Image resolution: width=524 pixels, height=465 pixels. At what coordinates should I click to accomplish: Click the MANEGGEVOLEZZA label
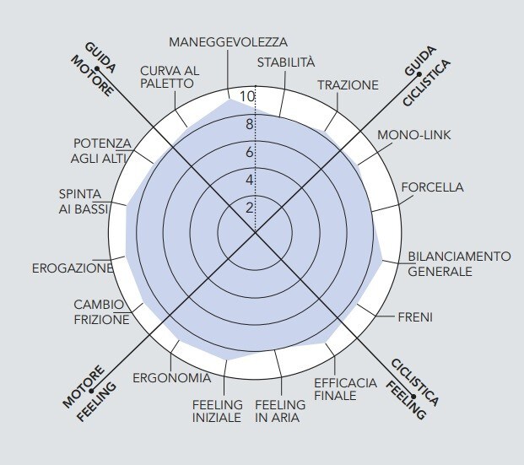point(228,42)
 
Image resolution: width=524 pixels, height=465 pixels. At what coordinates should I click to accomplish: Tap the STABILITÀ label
point(286,62)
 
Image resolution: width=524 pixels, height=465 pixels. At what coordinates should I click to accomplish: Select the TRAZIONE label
point(348,85)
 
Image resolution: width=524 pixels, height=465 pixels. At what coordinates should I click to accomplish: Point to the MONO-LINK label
point(414,135)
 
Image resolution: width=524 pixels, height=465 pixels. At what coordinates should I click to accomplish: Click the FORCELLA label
point(432,187)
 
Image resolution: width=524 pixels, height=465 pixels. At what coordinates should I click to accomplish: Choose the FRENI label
point(415,317)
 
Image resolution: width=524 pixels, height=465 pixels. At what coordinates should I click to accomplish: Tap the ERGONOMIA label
point(172,378)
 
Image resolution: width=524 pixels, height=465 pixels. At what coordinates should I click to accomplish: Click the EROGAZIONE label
point(73,268)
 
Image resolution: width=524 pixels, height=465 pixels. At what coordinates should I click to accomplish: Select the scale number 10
point(247,96)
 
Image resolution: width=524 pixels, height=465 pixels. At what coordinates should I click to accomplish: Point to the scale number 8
point(250,124)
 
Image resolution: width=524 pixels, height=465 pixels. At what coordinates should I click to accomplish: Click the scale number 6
point(250,153)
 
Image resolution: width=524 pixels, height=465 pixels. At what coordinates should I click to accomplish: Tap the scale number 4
point(250,181)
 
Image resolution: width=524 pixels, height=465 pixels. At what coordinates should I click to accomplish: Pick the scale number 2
point(250,208)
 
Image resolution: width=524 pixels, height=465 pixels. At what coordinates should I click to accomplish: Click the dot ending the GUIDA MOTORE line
point(97,68)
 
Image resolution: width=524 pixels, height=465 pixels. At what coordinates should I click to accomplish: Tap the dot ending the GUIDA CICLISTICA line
point(419,74)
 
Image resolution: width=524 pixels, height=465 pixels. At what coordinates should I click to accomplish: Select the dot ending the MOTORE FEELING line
point(91,391)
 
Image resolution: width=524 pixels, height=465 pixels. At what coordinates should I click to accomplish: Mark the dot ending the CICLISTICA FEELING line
point(413,397)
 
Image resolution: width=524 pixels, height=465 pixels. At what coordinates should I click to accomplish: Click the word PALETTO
point(167,84)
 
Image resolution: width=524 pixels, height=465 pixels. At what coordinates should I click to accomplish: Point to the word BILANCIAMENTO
point(459,257)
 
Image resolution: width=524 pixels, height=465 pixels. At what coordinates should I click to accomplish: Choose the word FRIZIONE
point(101,320)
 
